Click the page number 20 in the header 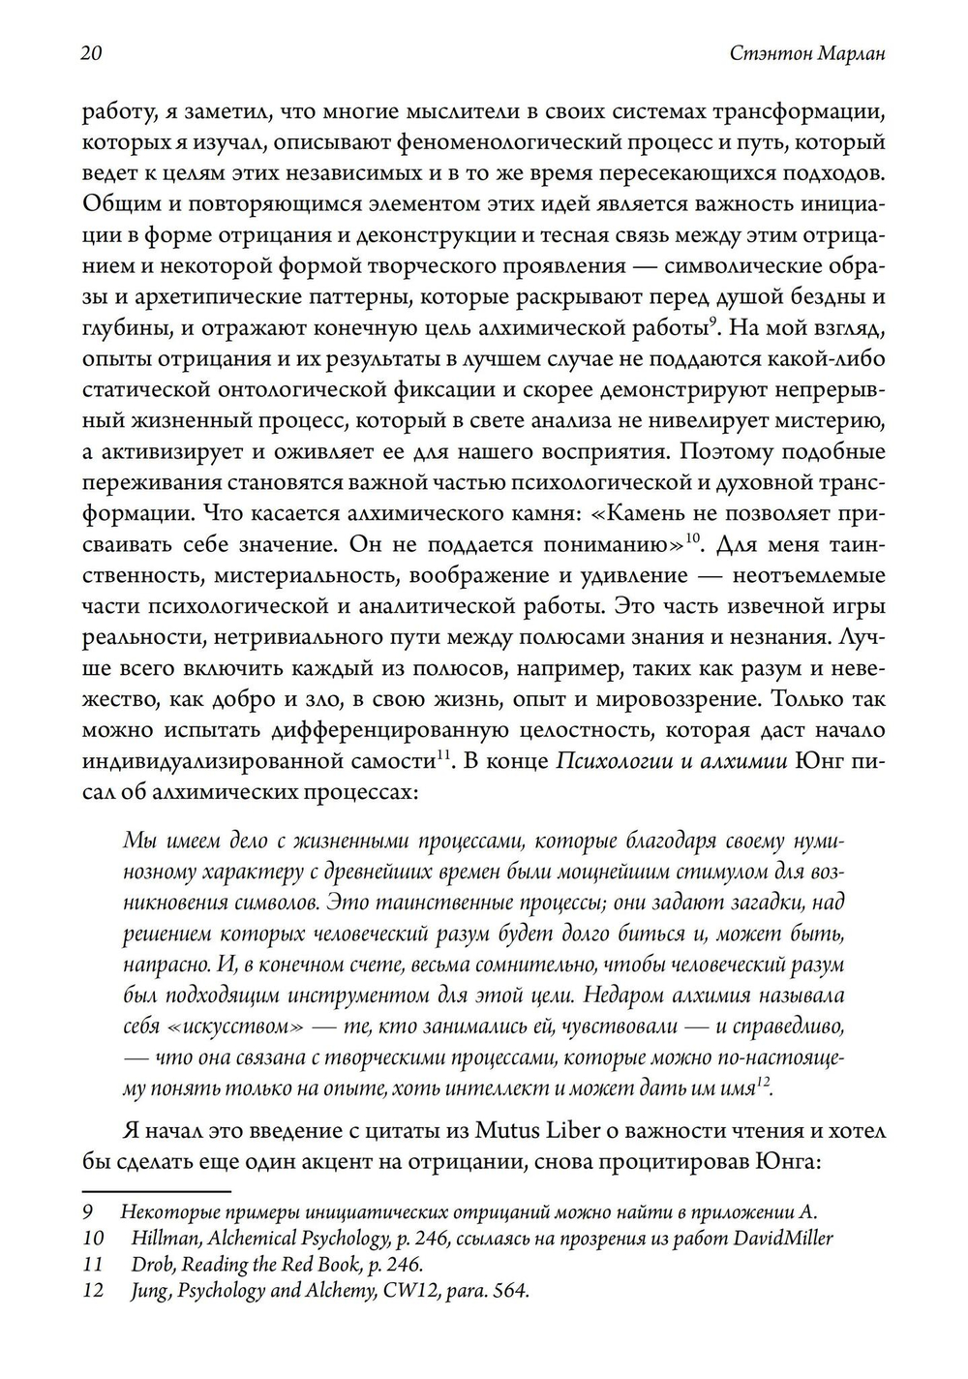tap(92, 54)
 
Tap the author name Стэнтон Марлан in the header tap(806, 54)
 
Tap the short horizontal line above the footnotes tap(157, 1191)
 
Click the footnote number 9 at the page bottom tap(86, 1212)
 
